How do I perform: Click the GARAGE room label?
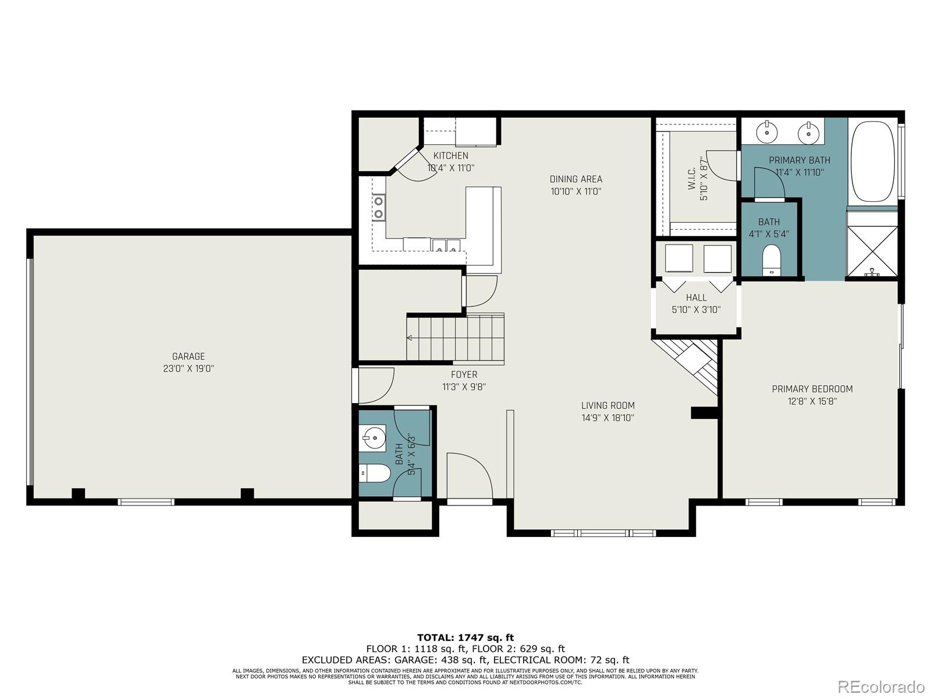[188, 357]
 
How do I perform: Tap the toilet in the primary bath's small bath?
[771, 259]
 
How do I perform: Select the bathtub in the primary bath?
[872, 161]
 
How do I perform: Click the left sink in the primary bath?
[767, 132]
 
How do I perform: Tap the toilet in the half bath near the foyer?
[374, 473]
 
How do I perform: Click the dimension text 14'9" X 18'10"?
[607, 418]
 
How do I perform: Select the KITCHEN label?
[450, 155]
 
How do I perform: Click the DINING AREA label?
[575, 179]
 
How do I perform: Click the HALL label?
[696, 298]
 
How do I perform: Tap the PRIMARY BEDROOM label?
[812, 389]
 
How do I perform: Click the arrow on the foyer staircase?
[410, 337]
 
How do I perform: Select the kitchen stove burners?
[379, 207]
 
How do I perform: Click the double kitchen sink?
[446, 245]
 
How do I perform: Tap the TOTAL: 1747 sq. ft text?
[465, 638]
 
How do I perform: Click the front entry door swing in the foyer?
[469, 476]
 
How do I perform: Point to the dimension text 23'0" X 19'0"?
[188, 369]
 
